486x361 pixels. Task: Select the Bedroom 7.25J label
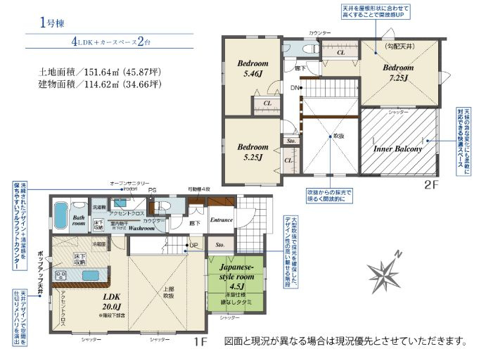click(398, 72)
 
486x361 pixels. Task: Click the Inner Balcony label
click(397, 149)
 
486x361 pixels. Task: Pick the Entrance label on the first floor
click(222, 220)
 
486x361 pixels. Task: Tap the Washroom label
click(141, 228)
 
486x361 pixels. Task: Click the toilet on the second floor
click(307, 46)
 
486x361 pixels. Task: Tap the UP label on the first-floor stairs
click(192, 246)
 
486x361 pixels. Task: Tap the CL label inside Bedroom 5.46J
click(267, 104)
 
